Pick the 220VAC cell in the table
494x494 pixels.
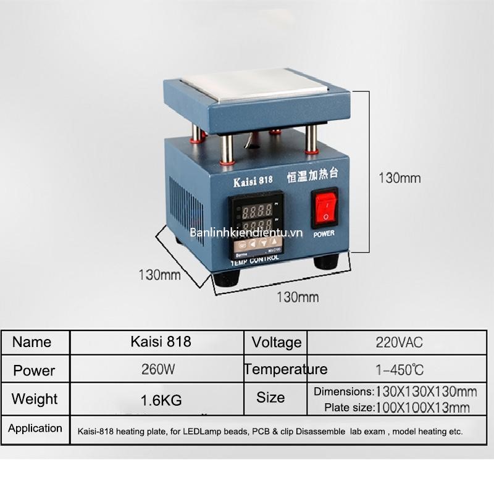[400, 342]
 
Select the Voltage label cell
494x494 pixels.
[277, 342]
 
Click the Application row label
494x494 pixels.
[35, 429]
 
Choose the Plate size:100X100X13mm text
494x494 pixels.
[397, 407]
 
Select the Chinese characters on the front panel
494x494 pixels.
[312, 178]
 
